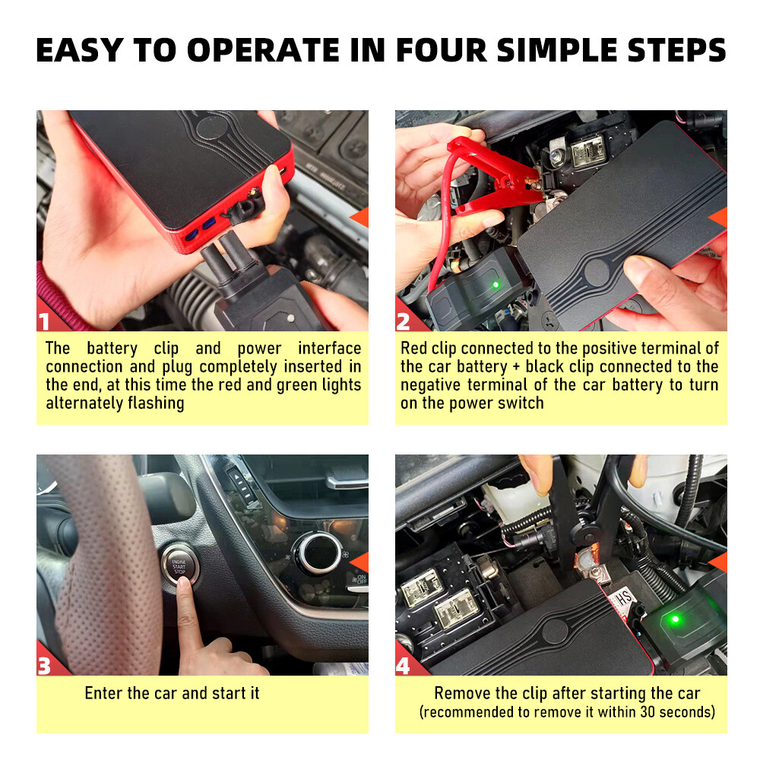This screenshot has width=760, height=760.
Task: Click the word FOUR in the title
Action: tap(436, 49)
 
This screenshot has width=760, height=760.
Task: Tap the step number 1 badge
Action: tap(45, 321)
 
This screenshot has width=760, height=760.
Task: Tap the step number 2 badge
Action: tap(404, 321)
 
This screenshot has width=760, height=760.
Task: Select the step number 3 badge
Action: tap(45, 666)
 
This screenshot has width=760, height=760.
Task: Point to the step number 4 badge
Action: tap(404, 666)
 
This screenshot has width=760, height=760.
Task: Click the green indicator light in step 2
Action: tap(495, 285)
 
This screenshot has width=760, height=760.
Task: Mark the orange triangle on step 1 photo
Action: tap(359, 216)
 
